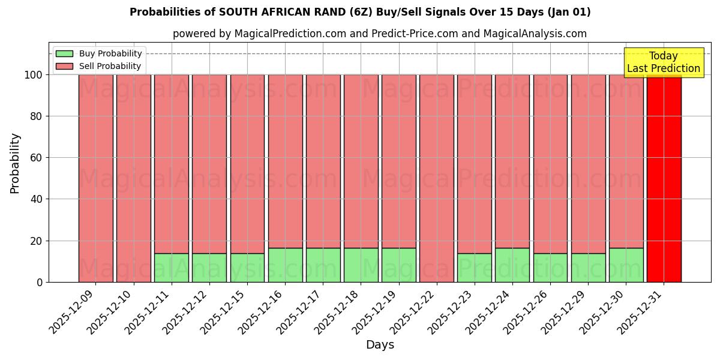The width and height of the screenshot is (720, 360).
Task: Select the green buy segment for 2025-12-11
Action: point(172,268)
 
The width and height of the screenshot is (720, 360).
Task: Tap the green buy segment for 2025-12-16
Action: point(285,265)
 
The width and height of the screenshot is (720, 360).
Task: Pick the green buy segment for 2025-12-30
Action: point(626,265)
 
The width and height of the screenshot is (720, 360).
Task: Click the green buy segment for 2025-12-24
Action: point(512,265)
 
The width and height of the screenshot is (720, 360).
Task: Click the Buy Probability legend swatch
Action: point(64,53)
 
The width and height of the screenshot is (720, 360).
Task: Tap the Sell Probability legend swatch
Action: point(64,66)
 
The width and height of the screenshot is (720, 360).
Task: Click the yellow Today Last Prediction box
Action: point(664,62)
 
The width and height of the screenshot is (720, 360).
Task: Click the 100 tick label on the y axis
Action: point(33,75)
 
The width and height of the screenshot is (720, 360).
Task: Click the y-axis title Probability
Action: point(15,163)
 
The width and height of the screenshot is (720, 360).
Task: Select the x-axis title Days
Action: point(380,345)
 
